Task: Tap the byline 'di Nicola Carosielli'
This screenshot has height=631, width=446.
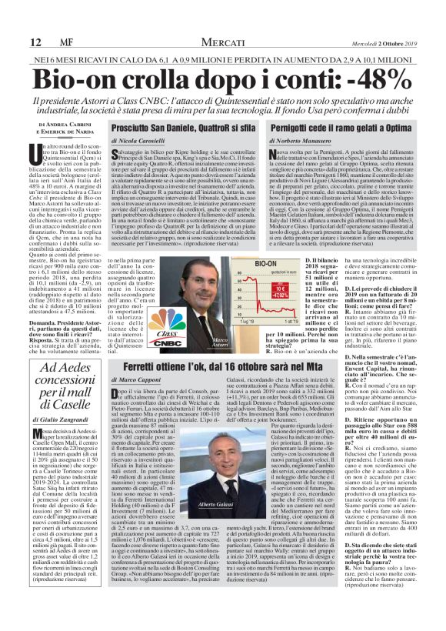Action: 145,142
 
